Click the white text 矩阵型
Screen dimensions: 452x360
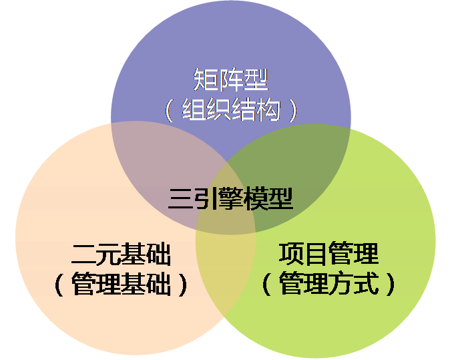230,79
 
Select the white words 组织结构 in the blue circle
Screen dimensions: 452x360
230,110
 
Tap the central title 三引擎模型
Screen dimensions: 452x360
230,198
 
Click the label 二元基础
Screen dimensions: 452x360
121,254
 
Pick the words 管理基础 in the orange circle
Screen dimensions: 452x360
121,284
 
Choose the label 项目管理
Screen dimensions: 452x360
328,254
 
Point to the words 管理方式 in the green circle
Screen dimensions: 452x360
328,283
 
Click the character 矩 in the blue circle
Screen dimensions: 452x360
205,79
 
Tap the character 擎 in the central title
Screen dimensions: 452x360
230,198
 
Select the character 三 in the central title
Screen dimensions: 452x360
180,199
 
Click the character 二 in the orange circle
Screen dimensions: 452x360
83,254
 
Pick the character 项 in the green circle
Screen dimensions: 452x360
291,254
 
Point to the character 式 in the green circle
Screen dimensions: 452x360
366,283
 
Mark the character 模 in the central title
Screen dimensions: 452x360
256,198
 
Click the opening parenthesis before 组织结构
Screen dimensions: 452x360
169,110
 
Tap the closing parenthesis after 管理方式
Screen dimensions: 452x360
391,284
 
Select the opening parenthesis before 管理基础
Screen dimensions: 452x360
59,285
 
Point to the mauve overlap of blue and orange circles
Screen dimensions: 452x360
162,162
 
